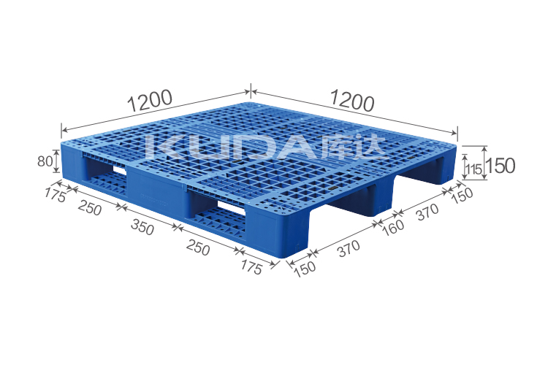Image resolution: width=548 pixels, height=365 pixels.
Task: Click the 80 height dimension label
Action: (45, 161)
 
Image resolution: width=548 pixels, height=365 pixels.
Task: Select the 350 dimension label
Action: (142, 228)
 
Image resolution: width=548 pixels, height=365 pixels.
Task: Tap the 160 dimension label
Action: (394, 227)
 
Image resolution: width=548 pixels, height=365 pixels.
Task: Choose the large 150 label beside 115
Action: (501, 166)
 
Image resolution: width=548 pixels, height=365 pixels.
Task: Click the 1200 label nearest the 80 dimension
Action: (150, 100)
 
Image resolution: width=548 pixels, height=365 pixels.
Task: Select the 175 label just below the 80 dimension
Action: (55, 195)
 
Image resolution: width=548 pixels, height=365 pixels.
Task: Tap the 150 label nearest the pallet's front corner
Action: (305, 269)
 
